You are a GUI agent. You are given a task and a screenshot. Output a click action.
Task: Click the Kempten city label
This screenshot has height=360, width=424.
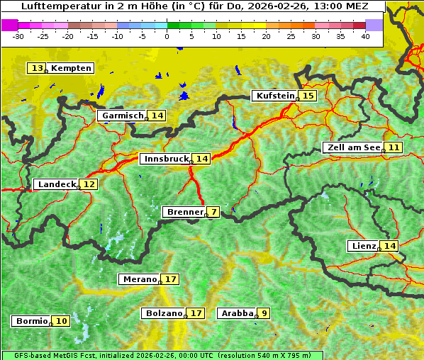72,68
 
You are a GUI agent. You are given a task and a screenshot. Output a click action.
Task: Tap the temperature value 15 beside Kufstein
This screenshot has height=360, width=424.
308,96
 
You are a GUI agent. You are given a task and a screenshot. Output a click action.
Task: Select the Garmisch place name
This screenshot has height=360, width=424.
123,116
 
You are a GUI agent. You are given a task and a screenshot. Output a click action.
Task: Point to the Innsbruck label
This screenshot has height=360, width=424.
166,159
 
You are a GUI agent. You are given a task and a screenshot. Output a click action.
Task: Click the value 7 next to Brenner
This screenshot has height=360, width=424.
213,212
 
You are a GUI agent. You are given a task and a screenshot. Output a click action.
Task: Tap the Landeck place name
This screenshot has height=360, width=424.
57,184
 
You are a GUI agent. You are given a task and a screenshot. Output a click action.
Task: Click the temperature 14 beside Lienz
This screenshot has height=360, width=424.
390,246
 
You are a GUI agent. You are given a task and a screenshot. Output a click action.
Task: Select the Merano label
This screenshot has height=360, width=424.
139,279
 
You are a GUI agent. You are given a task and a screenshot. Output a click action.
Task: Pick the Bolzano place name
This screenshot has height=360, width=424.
164,313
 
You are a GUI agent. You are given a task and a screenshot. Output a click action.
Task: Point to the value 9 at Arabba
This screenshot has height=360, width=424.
264,313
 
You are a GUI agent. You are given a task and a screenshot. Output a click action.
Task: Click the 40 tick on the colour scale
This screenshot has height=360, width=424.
365,36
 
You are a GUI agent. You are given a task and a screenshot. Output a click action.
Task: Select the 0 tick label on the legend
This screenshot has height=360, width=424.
167,36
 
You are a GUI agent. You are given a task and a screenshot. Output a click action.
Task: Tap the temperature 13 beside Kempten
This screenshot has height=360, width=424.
37,68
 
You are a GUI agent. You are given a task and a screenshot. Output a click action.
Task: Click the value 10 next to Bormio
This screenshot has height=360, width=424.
62,321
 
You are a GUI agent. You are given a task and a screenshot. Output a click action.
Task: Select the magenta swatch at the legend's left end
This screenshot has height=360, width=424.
9,25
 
